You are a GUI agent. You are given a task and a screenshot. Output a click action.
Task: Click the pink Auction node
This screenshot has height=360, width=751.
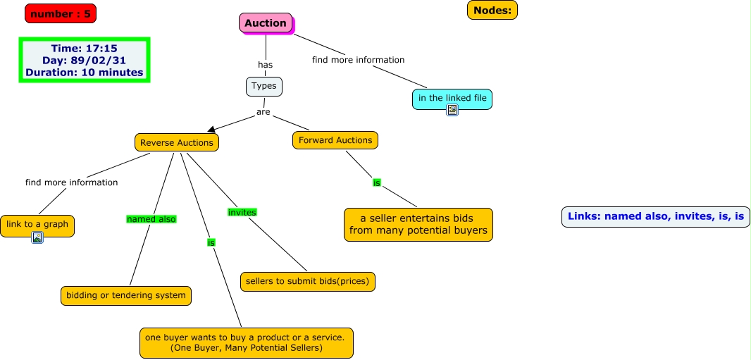[266, 23]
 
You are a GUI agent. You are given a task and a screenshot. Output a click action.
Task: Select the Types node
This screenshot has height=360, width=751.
[264, 87]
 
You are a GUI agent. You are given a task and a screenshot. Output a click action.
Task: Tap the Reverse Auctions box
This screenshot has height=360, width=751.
[177, 142]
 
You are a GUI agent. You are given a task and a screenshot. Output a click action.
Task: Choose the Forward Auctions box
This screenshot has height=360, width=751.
[335, 140]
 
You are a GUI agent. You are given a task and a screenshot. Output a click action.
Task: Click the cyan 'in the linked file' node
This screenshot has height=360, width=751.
[452, 98]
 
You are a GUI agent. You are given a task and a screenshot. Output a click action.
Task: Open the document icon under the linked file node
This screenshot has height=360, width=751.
[452, 110]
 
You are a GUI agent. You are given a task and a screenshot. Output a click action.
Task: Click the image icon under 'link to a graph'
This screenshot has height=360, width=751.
[37, 238]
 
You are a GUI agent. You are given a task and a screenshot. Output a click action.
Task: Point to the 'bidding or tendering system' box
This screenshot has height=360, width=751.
[126, 295]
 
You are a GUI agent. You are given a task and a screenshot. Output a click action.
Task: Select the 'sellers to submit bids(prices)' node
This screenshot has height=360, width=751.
[308, 282]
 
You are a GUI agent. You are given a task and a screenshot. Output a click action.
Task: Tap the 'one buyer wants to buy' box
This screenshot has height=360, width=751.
[246, 342]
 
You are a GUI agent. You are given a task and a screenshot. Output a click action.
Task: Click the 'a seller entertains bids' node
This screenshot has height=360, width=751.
[418, 224]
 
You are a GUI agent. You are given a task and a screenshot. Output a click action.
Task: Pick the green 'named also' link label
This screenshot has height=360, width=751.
[151, 219]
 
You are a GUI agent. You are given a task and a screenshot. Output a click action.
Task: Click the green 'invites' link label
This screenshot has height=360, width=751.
[242, 212]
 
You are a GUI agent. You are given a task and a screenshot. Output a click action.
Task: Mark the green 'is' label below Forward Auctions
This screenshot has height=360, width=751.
[377, 182]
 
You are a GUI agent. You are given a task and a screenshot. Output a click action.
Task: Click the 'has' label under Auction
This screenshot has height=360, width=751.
[265, 65]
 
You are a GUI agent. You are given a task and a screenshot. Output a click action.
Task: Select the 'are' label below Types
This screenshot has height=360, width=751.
[263, 112]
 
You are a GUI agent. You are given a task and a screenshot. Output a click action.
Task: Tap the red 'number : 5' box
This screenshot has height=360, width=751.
[61, 13]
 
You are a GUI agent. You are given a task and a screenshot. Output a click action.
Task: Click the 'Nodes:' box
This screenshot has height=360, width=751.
[492, 10]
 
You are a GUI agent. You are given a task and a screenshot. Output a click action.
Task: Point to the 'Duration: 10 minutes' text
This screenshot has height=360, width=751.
[85, 73]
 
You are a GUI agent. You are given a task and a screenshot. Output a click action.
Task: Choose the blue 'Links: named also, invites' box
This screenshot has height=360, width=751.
[655, 216]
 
